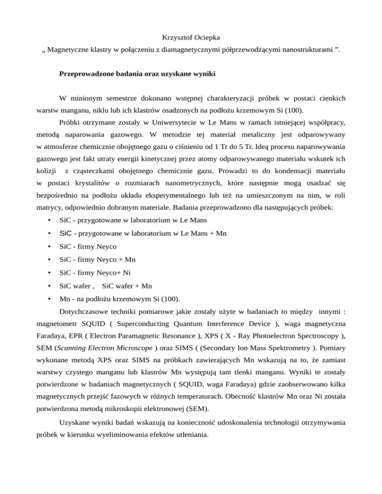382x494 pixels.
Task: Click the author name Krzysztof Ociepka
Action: tap(191, 37)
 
